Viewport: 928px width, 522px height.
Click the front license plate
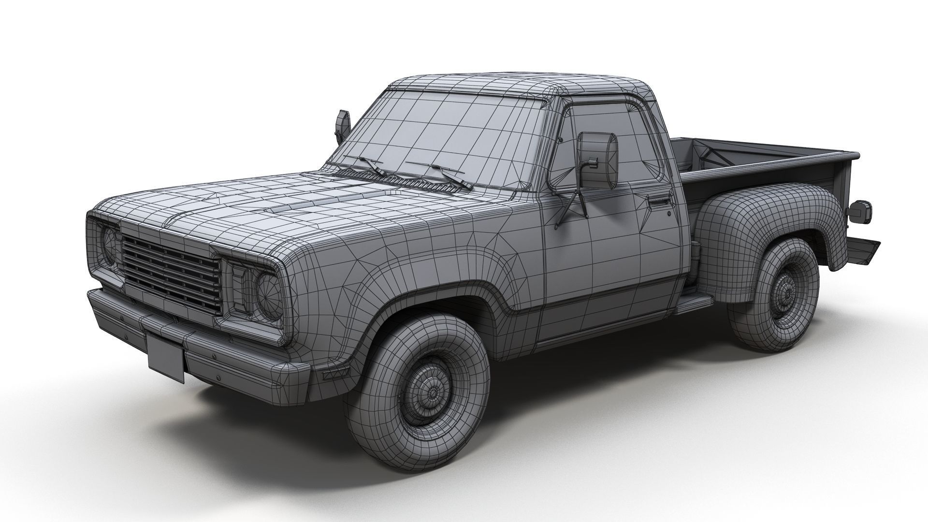pyautogui.click(x=165, y=357)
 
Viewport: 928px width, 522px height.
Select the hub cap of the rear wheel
pyautogui.click(x=785, y=293)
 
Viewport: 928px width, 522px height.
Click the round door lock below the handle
pyautogui.click(x=669, y=213)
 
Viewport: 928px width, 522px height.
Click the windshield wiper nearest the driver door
pyautogui.click(x=452, y=176)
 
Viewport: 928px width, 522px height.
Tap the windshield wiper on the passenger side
pyautogui.click(x=372, y=166)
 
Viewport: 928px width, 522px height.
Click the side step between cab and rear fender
pyautogui.click(x=695, y=302)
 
